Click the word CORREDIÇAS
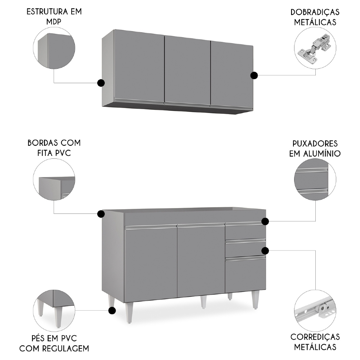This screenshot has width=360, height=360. (x=315, y=337)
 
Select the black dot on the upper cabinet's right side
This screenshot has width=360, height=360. (x=254, y=75)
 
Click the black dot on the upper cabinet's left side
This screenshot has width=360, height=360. (x=101, y=83)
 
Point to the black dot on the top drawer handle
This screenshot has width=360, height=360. (x=265, y=221)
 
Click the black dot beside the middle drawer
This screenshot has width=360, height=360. (x=265, y=250)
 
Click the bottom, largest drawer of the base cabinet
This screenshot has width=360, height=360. (x=245, y=274)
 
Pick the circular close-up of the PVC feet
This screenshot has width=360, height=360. (x=54, y=309)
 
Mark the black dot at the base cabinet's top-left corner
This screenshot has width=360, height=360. (x=101, y=214)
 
